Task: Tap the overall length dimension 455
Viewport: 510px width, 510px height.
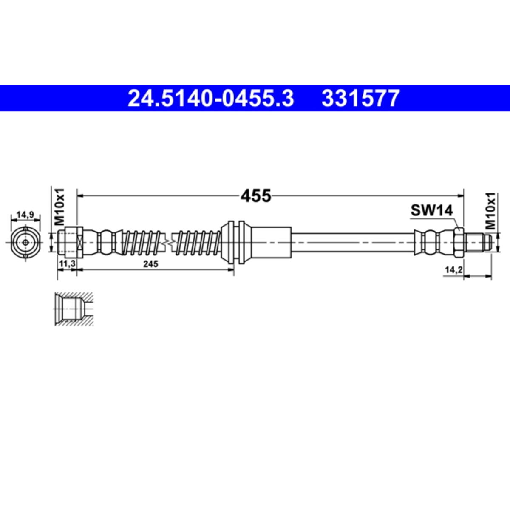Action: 256,196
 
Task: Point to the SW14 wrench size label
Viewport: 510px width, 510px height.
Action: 432,210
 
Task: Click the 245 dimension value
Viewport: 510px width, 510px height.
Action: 150,264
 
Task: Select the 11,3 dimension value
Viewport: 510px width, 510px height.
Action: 68,263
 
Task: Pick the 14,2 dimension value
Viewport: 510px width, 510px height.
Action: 453,270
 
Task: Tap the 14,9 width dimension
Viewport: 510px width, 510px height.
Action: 25,215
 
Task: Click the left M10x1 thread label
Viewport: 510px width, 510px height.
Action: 59,207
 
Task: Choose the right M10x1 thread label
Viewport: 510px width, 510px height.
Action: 490,212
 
